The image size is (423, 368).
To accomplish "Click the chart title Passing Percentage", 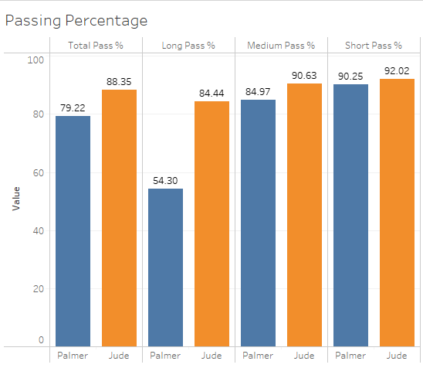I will pos(76,20).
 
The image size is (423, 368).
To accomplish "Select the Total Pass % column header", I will pos(96,46).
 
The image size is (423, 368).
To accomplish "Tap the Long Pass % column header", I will pos(188,46).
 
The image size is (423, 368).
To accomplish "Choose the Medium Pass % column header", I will pos(281,46).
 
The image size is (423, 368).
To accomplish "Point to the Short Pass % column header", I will pos(374,46).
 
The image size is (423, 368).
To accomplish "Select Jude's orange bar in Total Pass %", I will pos(119,217).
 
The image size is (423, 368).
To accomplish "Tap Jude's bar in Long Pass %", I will pos(211,223).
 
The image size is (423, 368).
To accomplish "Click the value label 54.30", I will pos(165,180).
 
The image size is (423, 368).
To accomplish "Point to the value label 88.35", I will pos(119,81).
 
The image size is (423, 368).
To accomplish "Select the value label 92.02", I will pos(397,70).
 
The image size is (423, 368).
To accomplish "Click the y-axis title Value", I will pos(15,199).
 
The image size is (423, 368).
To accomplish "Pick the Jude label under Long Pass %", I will pos(211,356).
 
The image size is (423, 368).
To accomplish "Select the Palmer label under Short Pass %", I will pos(350,356).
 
